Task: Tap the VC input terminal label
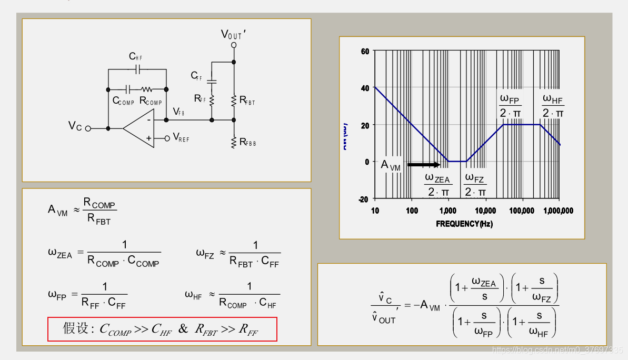[75, 126]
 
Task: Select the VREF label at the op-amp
[181, 138]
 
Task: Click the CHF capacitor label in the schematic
[135, 56]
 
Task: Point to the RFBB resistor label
[247, 142]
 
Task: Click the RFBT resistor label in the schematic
[247, 100]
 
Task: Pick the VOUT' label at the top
[233, 35]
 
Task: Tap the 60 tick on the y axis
[365, 51]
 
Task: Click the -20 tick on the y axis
[363, 199]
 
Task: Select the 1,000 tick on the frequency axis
[448, 211]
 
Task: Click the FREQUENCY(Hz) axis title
[464, 224]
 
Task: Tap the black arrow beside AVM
[424, 165]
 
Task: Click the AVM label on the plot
[391, 165]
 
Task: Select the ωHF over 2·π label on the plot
[553, 106]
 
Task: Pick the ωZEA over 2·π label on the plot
[438, 185]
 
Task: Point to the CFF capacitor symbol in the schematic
[212, 82]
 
